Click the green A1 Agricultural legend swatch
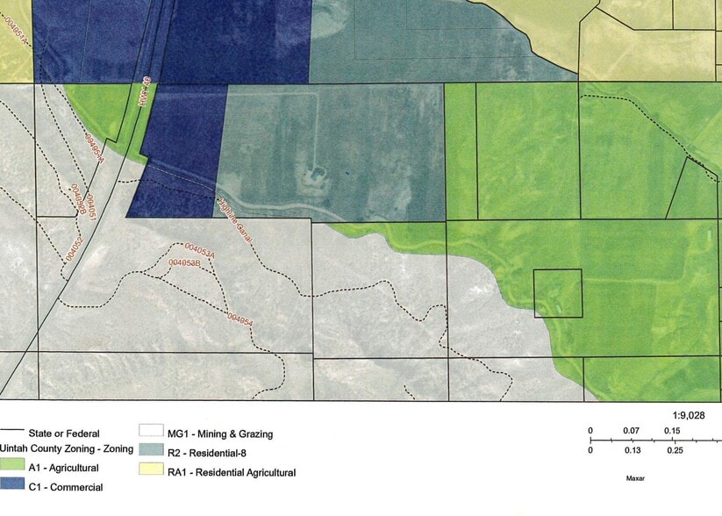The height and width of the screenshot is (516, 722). tap(11, 468)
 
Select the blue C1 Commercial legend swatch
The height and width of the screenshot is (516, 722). tap(11, 486)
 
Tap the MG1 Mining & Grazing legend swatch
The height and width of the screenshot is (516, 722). tap(151, 433)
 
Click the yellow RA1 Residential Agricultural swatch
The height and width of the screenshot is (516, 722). tap(151, 472)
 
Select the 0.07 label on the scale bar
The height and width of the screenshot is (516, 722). tap(630, 430)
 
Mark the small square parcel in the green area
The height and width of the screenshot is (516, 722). tap(558, 293)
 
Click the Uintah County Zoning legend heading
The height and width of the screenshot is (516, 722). tap(68, 448)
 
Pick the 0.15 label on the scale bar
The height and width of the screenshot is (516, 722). tap(672, 430)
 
